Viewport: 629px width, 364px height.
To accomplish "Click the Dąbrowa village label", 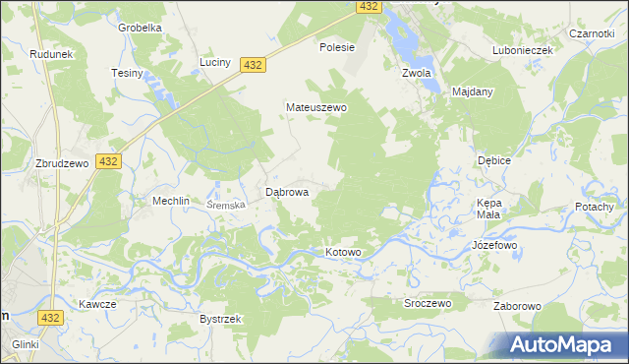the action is [x=288, y=193].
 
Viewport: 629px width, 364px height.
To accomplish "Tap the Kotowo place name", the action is [x=344, y=253].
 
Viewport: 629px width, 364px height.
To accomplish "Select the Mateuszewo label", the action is [x=316, y=107].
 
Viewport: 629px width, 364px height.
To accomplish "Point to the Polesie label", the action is [x=337, y=46].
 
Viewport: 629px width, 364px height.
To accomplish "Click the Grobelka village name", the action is [x=140, y=28].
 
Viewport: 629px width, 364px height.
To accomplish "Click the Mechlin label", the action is [x=170, y=200].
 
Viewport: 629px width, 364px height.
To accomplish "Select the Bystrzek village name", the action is [x=220, y=320].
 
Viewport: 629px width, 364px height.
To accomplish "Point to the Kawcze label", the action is [x=98, y=304].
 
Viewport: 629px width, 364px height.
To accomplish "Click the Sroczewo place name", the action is [x=428, y=304].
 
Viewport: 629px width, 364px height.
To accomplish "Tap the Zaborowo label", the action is [x=518, y=306].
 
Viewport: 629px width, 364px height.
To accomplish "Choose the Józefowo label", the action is [x=494, y=244].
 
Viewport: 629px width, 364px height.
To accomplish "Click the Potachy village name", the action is [x=594, y=207].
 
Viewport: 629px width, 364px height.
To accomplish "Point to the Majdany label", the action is [x=473, y=91].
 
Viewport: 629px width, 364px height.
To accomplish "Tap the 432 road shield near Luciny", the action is [x=254, y=64].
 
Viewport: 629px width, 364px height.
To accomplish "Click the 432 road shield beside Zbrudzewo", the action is [x=108, y=161].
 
